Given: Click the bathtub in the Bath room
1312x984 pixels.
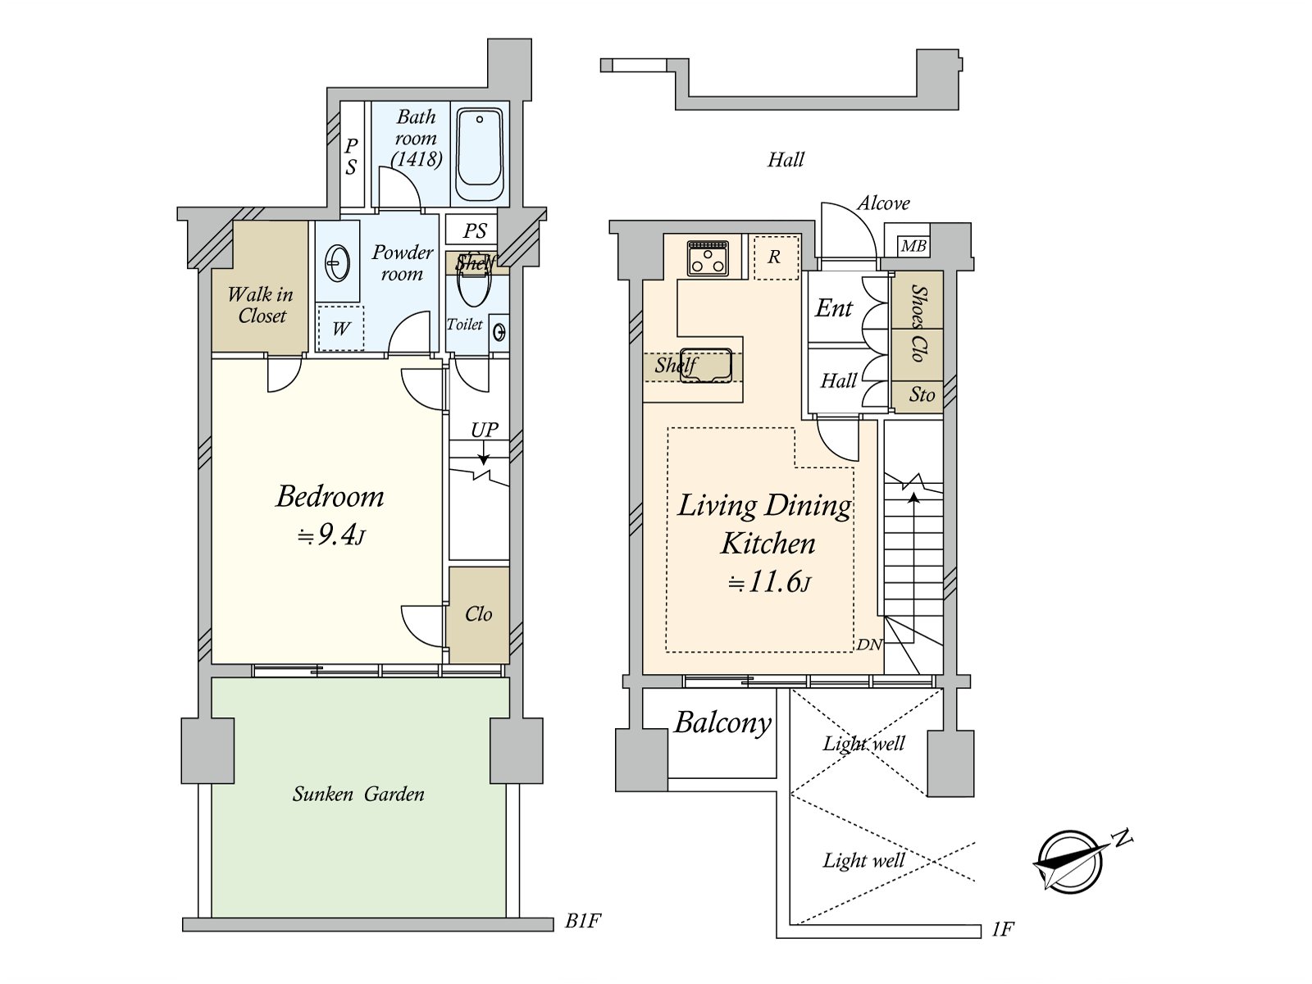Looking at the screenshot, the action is coord(480,154).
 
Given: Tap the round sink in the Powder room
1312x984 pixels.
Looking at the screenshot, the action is coord(338,262).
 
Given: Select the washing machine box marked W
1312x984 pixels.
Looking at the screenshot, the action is coord(340,329).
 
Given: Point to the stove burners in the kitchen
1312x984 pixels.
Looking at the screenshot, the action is coord(708,258).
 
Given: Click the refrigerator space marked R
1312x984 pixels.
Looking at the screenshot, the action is coord(776,257).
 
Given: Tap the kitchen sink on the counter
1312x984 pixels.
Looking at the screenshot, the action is coord(704,365).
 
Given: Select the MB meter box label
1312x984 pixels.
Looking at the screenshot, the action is coord(913,245).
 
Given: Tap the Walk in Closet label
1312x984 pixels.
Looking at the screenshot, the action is coord(261,305).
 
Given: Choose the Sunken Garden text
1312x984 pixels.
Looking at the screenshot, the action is coord(358,794).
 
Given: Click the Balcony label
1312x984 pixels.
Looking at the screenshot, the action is coord(722,723).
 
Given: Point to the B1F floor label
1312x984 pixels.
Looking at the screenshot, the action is coord(583,921).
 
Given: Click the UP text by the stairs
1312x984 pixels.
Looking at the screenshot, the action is coord(484,430).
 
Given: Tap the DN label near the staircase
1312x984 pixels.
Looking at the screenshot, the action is coord(870,645).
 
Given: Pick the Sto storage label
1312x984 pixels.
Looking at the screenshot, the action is coord(922,394).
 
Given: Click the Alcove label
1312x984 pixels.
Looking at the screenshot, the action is coord(883,203).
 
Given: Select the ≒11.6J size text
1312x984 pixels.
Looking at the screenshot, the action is coord(770,582).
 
